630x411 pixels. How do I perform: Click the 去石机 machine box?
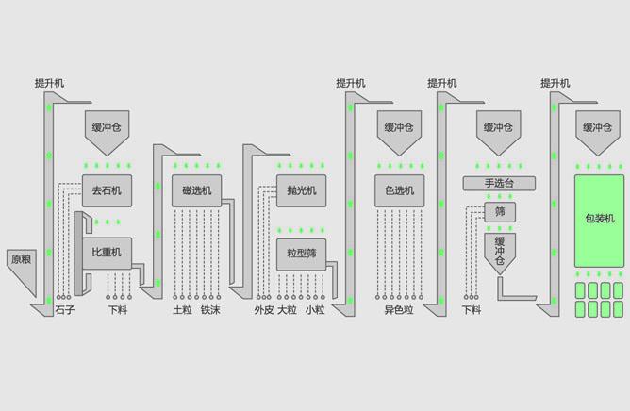tap(107, 190)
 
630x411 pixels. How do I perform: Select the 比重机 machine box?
tap(107, 253)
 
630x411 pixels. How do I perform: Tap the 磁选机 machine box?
tap(197, 190)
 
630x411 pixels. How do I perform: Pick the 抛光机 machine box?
tap(301, 190)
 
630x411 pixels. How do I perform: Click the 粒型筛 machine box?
tap(301, 253)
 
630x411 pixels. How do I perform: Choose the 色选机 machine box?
tap(399, 190)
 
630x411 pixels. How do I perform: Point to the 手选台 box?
tap(499, 183)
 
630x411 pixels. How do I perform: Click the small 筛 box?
tap(500, 212)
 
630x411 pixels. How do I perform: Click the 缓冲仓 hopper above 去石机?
tap(107, 128)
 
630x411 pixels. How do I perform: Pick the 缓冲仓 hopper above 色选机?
tap(399, 128)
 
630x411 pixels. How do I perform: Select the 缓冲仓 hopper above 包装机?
tap(599, 128)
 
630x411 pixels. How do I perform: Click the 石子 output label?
tap(64, 309)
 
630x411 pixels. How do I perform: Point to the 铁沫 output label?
tap(210, 309)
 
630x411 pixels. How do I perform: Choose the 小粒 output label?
tap(315, 309)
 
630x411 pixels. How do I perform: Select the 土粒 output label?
tap(182, 309)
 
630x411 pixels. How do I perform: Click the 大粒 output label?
tap(288, 309)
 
